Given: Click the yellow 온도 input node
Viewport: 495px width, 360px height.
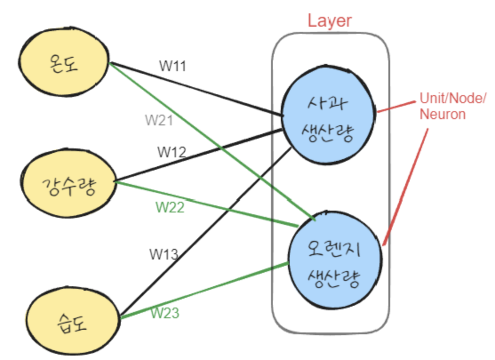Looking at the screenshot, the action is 64,61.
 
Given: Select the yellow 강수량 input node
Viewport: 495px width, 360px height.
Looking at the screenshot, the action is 68,183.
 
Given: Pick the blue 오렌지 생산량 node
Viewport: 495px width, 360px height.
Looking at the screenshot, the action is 335,260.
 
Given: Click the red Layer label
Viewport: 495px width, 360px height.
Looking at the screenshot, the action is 330,21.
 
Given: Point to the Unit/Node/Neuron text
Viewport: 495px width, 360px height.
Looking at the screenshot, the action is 453,106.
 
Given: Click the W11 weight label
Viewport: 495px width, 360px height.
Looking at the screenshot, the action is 172,66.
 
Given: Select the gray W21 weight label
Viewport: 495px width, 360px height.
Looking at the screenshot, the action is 159,120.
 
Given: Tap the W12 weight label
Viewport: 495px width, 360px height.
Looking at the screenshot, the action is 172,152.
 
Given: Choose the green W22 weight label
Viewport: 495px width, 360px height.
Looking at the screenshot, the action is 170,208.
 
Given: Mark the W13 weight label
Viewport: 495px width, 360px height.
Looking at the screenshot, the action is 164,254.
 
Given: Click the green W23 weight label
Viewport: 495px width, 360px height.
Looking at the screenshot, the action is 165,313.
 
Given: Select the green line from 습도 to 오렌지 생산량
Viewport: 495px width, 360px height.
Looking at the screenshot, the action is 204,290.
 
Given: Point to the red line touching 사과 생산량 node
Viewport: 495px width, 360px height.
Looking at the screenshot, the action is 396,107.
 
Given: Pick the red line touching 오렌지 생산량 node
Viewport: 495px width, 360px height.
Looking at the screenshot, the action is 406,187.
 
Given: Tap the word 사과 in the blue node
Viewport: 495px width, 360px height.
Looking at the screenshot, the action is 327,103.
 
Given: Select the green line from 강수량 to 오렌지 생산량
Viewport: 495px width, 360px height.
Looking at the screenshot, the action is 207,204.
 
